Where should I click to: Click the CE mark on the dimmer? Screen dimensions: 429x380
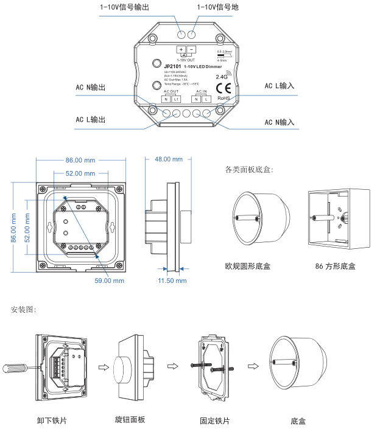tap(223, 88)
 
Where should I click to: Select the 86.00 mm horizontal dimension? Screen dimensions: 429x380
tap(80, 160)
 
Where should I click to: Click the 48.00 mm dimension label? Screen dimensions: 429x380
tap(168, 159)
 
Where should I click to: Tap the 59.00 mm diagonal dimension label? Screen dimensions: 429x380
tap(110, 281)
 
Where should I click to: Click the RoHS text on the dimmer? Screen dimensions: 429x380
tap(223, 97)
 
